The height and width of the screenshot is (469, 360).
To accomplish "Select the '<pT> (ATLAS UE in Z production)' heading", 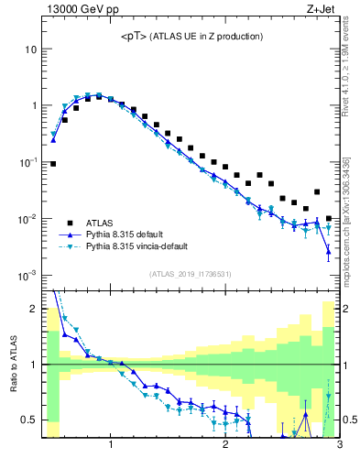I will [191, 37].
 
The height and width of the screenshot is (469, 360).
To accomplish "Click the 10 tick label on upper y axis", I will [31, 49].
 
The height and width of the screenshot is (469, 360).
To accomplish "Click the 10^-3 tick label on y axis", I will [27, 276].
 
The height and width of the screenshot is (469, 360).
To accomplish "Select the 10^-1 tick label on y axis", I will [27, 162].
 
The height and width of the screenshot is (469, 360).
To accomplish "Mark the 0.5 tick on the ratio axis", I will [29, 420].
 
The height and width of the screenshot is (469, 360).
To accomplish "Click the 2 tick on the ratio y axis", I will [34, 309].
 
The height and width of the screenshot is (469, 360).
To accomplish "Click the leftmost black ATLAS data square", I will [53, 164].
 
